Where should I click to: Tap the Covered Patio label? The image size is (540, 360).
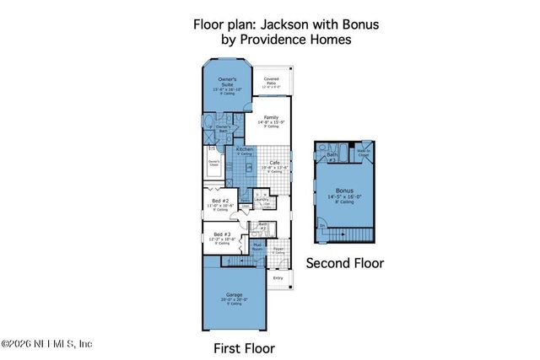(272, 82)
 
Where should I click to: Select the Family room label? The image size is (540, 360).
(271, 121)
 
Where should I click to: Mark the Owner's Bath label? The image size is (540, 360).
(222, 128)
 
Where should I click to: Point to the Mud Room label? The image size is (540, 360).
(257, 248)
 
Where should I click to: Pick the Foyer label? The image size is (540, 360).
(278, 249)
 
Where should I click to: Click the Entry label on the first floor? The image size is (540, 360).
(278, 277)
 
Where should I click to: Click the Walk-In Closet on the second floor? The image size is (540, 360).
(364, 154)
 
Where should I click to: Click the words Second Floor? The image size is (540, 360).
(344, 263)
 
